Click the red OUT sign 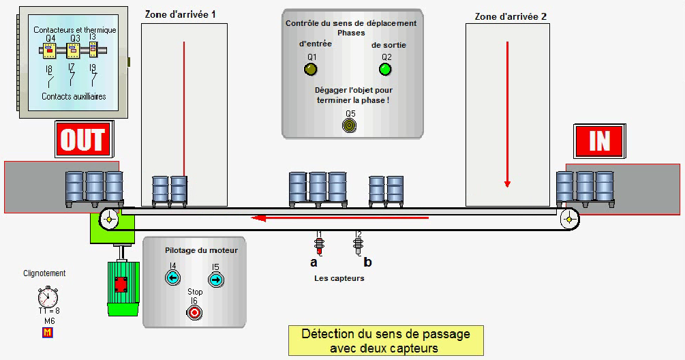pos(83,140)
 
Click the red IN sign pos(600,140)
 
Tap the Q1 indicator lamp pos(311,69)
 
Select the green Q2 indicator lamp pos(386,69)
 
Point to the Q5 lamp pos(350,125)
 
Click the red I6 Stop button pos(194,312)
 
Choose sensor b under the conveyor pos(359,242)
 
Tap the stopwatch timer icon pos(48,296)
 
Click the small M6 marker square pos(48,333)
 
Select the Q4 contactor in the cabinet pos(50,51)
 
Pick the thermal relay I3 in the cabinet pos(93,50)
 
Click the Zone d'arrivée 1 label pos(185,14)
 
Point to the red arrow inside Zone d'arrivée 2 pos(507,113)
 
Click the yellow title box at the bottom pos(386,340)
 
